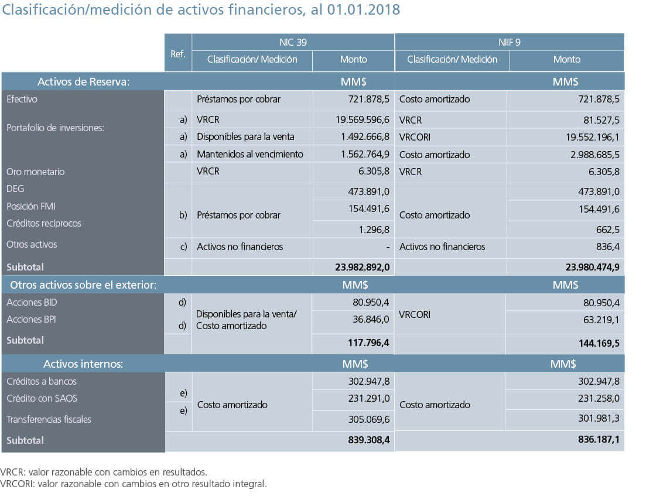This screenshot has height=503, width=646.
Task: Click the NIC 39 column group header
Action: click(293, 42)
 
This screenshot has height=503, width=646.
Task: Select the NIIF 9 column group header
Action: click(509, 42)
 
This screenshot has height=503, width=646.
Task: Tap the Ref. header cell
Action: click(178, 54)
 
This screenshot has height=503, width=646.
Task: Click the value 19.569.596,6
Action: click(362, 120)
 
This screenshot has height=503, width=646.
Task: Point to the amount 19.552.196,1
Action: click(593, 137)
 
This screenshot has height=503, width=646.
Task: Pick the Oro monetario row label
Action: click(35, 172)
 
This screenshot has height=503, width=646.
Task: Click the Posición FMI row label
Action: click(31, 206)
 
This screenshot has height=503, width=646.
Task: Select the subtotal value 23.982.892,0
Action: click(362, 267)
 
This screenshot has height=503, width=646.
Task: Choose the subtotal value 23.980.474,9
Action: click(593, 267)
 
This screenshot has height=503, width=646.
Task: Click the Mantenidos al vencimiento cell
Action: click(249, 154)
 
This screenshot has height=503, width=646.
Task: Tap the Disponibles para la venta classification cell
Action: click(245, 137)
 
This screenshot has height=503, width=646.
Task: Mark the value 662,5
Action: click(608, 230)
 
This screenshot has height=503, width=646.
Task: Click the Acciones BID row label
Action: click(32, 302)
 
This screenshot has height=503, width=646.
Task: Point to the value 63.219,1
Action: click(601, 320)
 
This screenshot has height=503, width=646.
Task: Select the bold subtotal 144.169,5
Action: click(599, 343)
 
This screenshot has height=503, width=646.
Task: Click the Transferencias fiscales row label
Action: click(49, 419)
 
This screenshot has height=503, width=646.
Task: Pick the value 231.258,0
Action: click(599, 398)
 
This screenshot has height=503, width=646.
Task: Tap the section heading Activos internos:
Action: click(83, 364)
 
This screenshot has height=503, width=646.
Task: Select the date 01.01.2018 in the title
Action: click(363, 9)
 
